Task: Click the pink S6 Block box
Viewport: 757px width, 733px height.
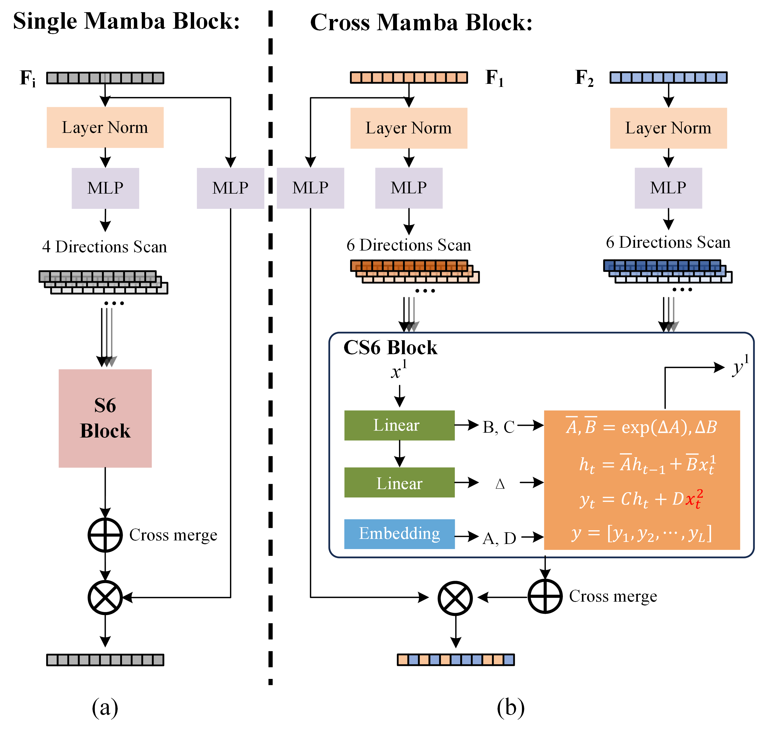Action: (105, 418)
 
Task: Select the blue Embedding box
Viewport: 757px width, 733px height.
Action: (399, 534)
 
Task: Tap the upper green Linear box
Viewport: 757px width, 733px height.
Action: (399, 425)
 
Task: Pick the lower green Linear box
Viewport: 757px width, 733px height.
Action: (399, 483)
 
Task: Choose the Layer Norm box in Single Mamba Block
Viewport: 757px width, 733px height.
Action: (105, 128)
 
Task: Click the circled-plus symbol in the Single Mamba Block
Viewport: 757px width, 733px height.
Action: (105, 535)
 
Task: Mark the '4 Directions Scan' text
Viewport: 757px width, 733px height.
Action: (105, 247)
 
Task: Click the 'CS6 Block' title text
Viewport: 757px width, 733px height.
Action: (390, 348)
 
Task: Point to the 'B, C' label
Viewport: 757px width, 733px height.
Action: (498, 427)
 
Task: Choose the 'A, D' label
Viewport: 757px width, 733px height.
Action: (499, 538)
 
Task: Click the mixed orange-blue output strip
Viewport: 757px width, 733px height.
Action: (456, 659)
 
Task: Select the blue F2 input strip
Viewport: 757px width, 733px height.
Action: (668, 78)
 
